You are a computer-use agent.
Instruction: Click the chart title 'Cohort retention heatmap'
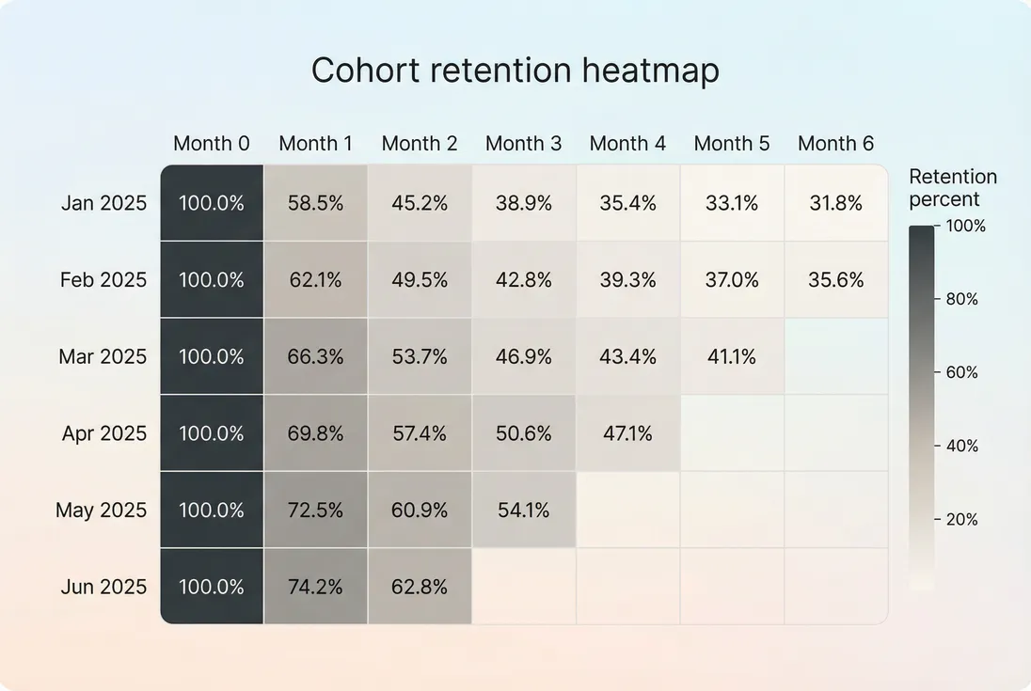click(515, 71)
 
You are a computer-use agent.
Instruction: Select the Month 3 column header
click(523, 144)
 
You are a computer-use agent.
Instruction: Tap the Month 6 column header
click(835, 144)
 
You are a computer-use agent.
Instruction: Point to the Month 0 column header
click(212, 144)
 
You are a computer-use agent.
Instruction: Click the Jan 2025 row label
click(103, 203)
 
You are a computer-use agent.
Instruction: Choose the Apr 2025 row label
click(103, 433)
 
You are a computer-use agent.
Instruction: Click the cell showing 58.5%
click(315, 203)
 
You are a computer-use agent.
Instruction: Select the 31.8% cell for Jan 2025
click(835, 203)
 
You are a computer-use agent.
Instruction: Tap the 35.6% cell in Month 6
click(835, 280)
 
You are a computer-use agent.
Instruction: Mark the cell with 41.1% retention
click(731, 357)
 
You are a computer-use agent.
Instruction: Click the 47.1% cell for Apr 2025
click(627, 433)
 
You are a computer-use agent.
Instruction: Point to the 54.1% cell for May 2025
click(523, 510)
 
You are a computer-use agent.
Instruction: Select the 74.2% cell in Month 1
click(315, 587)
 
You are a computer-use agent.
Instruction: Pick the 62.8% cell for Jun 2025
click(420, 587)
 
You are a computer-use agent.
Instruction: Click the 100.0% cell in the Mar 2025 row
click(212, 357)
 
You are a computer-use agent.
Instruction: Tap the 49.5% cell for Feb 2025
click(420, 280)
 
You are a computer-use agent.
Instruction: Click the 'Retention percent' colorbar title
click(952, 188)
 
